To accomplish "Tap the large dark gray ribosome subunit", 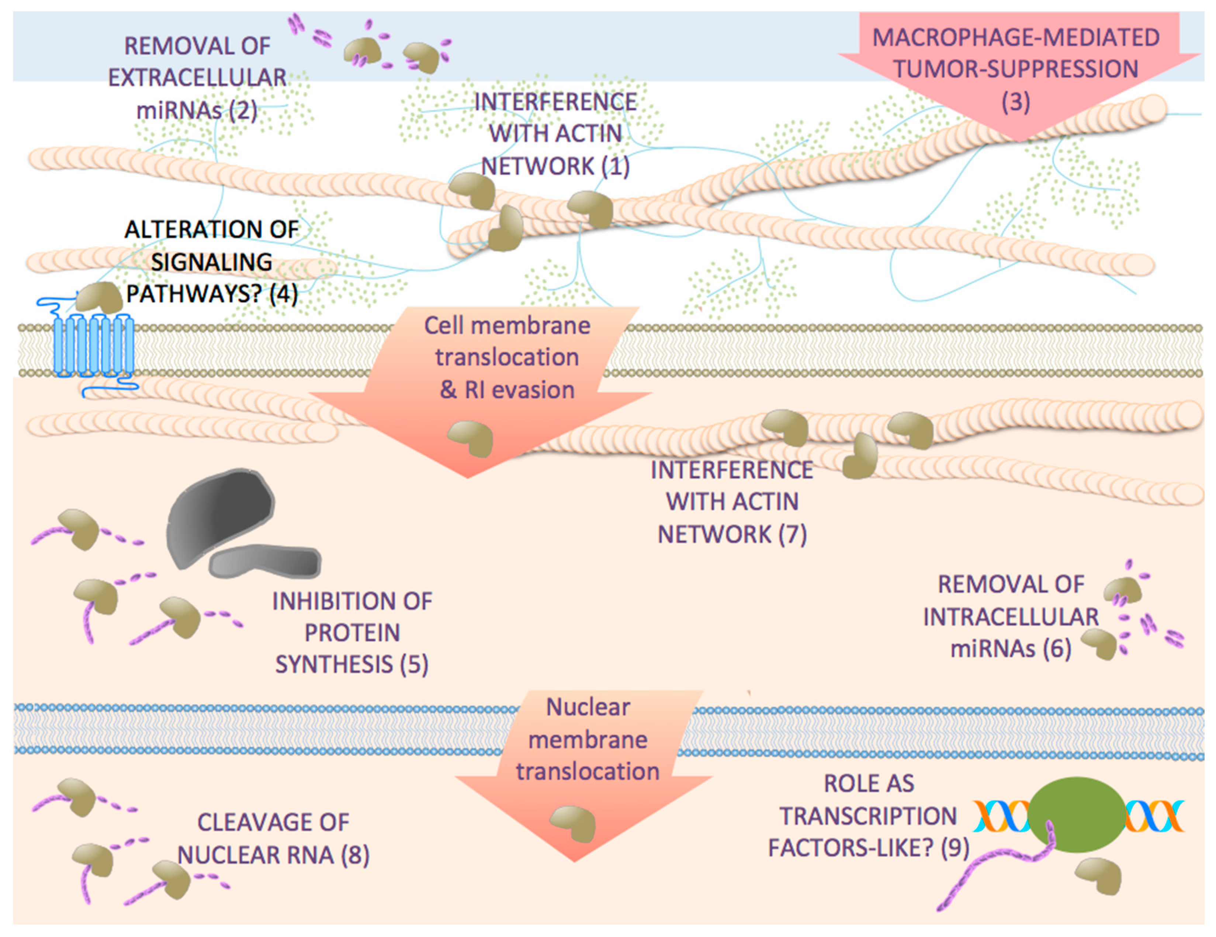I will [x=220, y=515].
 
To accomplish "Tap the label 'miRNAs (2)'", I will [x=197, y=110].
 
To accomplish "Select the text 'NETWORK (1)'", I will [x=555, y=166].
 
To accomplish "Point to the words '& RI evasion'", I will [x=507, y=390].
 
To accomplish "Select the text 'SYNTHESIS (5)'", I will [x=352, y=664].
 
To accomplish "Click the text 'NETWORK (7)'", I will [x=732, y=534].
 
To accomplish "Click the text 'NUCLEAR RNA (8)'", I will [x=273, y=855].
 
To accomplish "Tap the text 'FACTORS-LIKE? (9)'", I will [x=869, y=848].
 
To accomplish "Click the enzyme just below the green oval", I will [x=1098, y=875].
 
